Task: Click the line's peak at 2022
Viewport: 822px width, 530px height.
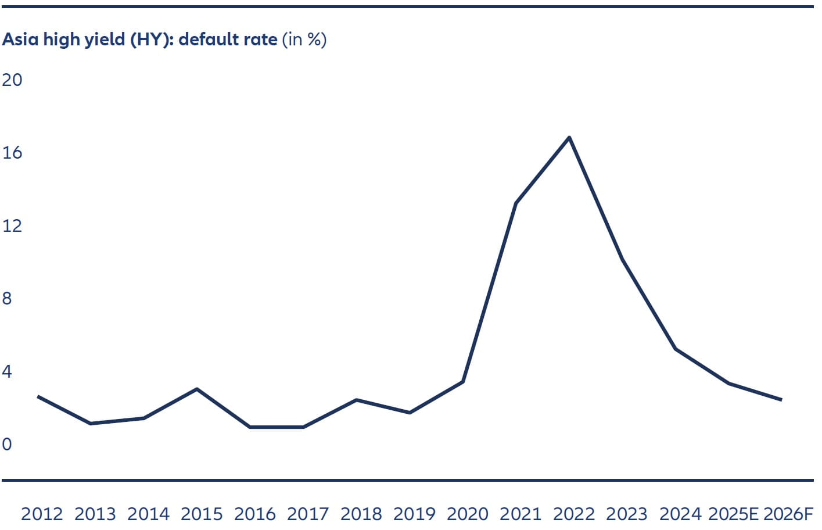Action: click(x=569, y=137)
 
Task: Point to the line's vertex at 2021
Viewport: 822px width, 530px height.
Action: click(x=516, y=203)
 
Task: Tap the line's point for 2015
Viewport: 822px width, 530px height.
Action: click(x=197, y=389)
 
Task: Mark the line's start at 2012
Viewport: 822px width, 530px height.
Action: click(x=38, y=396)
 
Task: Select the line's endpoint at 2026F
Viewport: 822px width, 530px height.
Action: click(x=781, y=400)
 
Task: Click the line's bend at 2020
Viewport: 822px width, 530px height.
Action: click(x=463, y=381)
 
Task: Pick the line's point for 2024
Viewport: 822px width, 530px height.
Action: click(x=675, y=349)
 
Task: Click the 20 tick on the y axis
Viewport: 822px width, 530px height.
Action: click(x=12, y=80)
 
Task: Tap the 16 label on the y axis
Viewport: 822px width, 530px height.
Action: click(x=12, y=153)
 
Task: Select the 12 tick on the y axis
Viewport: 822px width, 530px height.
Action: click(x=12, y=225)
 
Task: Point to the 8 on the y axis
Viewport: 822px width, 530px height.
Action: click(x=7, y=299)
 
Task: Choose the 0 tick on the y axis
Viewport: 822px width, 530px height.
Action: click(x=7, y=445)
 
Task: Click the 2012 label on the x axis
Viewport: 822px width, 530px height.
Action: click(x=42, y=514)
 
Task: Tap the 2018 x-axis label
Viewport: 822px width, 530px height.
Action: click(x=361, y=514)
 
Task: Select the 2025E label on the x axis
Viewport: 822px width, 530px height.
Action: click(x=734, y=514)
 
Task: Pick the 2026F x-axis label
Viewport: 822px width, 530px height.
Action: click(x=788, y=514)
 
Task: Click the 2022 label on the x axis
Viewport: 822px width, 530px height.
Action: click(x=574, y=514)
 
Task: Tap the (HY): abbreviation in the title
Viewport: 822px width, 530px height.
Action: click(x=152, y=40)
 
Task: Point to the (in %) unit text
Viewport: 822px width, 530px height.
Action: click(x=304, y=40)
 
